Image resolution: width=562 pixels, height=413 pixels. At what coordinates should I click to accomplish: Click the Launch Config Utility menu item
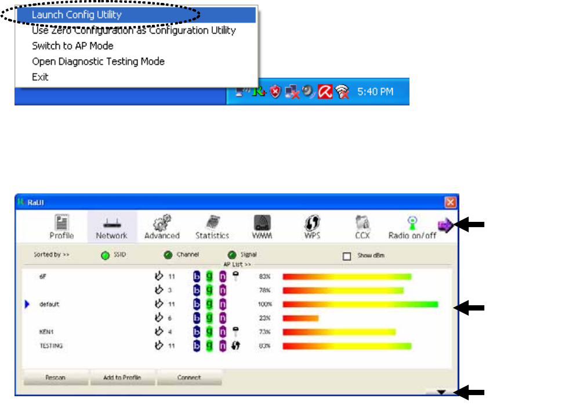[77, 14]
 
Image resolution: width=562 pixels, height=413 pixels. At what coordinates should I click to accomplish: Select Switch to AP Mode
[72, 46]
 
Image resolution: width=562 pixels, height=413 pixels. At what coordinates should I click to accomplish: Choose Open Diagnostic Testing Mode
[98, 61]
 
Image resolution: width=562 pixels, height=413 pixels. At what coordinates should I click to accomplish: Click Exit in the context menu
[40, 77]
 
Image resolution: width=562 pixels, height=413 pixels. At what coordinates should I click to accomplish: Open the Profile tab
[61, 227]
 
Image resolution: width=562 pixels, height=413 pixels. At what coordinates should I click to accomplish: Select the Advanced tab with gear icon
[162, 227]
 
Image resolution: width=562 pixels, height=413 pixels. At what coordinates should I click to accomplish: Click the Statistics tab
[212, 227]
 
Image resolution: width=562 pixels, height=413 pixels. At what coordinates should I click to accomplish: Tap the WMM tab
[262, 227]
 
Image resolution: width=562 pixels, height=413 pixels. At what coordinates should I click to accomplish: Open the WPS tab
[312, 227]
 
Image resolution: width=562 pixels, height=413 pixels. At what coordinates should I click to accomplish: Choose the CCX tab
[362, 227]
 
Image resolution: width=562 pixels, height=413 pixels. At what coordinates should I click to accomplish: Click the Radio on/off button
[412, 227]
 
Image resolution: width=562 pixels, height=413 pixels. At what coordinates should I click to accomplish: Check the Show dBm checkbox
[347, 255]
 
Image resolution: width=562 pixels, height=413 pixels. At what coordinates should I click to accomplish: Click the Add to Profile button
[122, 378]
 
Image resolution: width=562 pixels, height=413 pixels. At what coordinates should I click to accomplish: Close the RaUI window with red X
[450, 202]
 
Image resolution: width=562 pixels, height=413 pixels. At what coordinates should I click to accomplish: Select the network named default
[49, 304]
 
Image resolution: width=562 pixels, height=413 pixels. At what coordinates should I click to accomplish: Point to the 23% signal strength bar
[300, 318]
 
